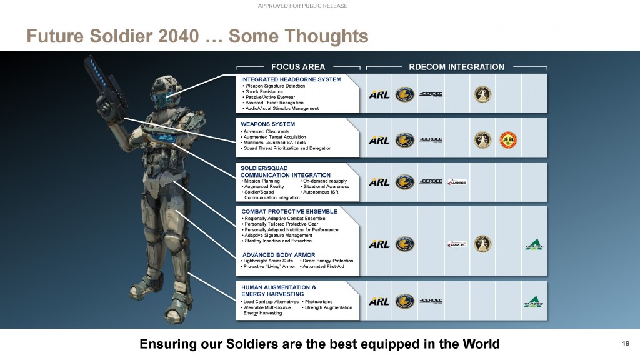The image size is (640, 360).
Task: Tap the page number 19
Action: (x=626, y=343)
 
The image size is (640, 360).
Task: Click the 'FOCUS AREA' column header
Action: (x=297, y=67)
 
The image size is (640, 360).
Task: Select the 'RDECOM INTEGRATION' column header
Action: (x=456, y=67)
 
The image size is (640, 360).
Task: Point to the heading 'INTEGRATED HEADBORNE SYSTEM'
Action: (x=291, y=79)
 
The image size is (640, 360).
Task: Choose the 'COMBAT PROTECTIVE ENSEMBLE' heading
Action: (x=289, y=211)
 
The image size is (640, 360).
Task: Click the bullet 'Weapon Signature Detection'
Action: (x=275, y=86)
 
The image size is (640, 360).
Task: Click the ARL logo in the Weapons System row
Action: (x=379, y=139)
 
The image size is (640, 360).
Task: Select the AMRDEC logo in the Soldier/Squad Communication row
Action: (x=457, y=182)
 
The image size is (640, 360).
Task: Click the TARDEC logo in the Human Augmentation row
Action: (x=533, y=302)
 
